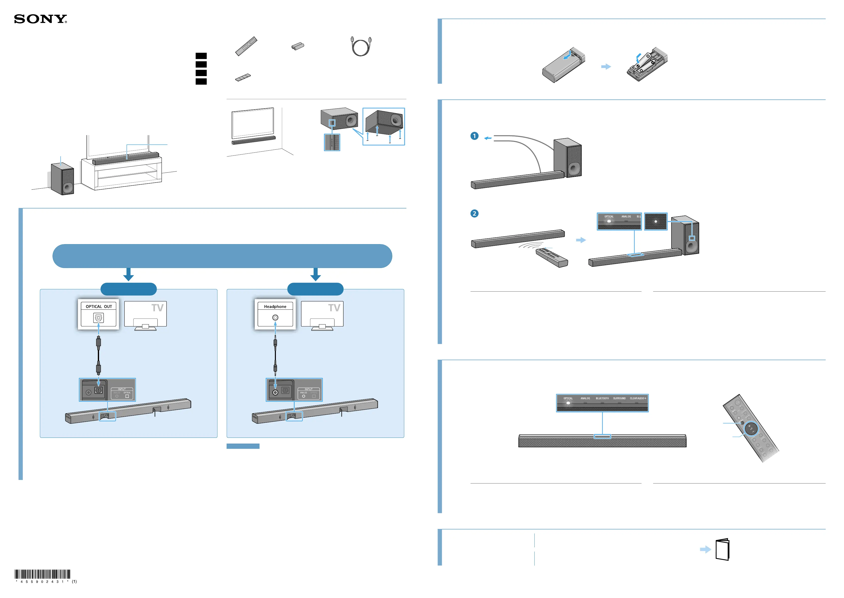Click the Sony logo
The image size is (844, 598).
[40, 19]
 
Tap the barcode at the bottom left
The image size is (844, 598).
[43, 574]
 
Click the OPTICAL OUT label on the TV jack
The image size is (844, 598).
[98, 306]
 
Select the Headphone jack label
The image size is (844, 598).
[275, 306]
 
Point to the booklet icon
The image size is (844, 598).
[722, 549]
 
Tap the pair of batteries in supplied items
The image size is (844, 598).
[298, 46]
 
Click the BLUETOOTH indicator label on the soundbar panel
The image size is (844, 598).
[602, 398]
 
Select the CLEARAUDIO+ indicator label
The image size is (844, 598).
[638, 398]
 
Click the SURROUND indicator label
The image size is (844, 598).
[619, 398]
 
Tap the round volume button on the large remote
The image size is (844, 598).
[751, 429]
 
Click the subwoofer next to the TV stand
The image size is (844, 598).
[62, 179]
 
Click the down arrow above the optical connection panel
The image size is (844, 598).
[128, 274]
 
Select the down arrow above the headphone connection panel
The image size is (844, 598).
[315, 274]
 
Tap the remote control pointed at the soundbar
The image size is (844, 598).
[552, 257]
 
